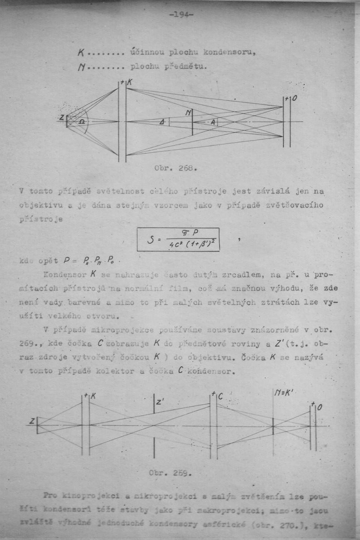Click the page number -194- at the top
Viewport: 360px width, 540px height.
click(x=180, y=14)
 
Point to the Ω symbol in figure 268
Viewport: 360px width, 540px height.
click(x=82, y=121)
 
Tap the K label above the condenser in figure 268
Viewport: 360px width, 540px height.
click(x=130, y=82)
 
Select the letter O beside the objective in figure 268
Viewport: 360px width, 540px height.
click(x=294, y=98)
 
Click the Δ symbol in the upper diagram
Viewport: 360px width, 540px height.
click(x=162, y=122)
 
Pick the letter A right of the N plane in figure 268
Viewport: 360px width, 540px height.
click(x=213, y=121)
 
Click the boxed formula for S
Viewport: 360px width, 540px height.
click(x=178, y=239)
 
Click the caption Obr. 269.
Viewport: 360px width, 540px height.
click(x=169, y=472)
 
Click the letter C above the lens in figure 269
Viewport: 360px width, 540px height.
click(x=220, y=395)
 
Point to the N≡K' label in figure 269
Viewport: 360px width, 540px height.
click(x=283, y=394)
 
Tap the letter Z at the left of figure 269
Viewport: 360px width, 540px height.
click(x=32, y=421)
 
